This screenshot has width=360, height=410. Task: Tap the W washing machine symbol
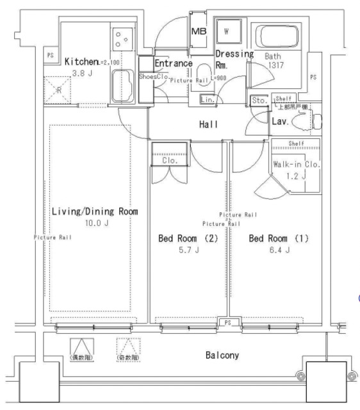(226, 29)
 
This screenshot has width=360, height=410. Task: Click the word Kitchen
(81, 61)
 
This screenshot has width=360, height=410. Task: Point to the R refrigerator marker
(58, 90)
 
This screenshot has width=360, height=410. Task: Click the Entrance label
(174, 63)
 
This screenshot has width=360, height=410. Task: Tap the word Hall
(208, 125)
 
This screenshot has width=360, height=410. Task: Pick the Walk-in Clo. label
(295, 164)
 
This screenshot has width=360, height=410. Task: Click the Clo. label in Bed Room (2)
(170, 161)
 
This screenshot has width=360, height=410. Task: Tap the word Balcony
(222, 355)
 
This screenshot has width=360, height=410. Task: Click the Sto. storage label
(259, 100)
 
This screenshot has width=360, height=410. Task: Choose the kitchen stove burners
(121, 40)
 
